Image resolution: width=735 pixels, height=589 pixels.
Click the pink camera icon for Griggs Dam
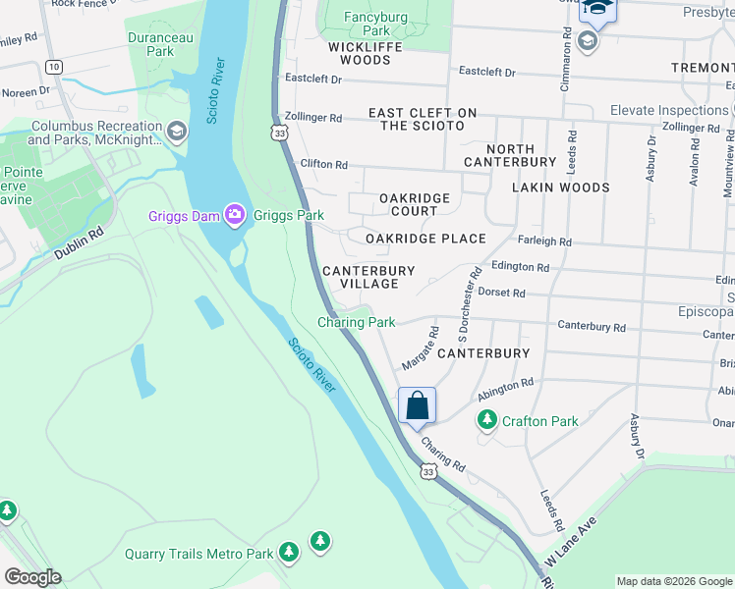pyautogui.click(x=234, y=214)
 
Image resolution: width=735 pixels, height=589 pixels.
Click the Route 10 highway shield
pyautogui.click(x=54, y=67)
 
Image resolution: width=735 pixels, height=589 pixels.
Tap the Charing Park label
pyautogui.click(x=356, y=322)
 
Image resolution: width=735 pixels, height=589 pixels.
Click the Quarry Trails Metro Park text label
pyautogui.click(x=198, y=554)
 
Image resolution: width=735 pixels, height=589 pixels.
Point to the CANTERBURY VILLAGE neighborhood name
pyautogui.click(x=368, y=277)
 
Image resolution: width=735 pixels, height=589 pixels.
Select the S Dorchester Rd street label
pyautogui.click(x=467, y=295)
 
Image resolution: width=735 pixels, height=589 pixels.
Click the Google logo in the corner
pyautogui.click(x=32, y=577)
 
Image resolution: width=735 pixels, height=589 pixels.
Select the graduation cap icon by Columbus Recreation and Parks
pyautogui.click(x=176, y=131)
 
